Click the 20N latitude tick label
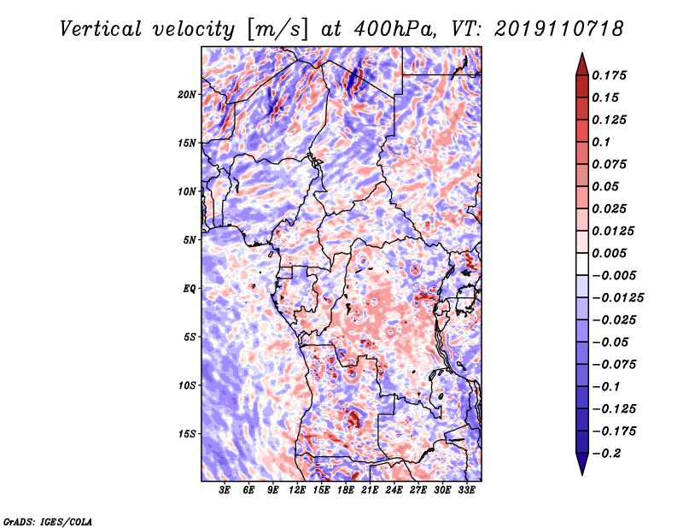[x=187, y=95]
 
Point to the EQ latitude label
[x=190, y=289]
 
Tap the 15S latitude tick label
[x=187, y=434]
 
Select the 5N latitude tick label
[x=190, y=240]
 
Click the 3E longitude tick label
[x=224, y=490]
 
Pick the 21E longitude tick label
[x=369, y=490]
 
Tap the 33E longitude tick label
[x=466, y=490]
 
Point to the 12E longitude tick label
[x=296, y=490]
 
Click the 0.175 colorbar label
[x=609, y=75]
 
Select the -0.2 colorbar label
[x=606, y=454]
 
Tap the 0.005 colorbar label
[x=609, y=253]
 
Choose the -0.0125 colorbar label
[x=617, y=298]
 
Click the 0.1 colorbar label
[x=601, y=142]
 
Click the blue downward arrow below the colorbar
[x=582, y=464]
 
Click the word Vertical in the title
[x=100, y=29]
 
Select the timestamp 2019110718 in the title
[x=558, y=29]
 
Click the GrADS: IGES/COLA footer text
[x=48, y=522]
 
